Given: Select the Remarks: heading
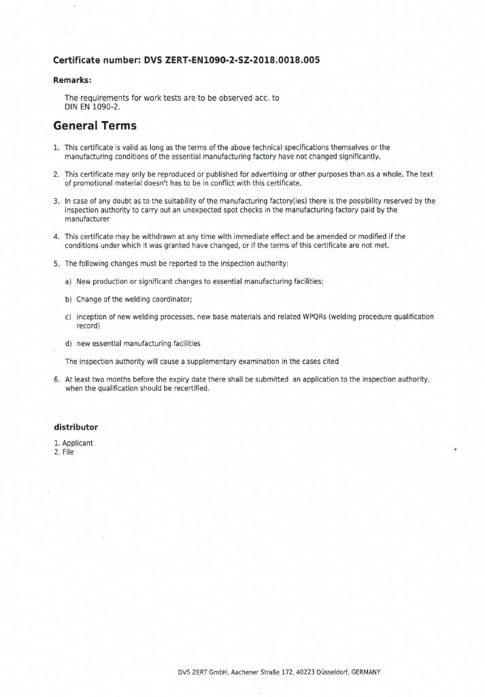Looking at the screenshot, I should (x=72, y=80).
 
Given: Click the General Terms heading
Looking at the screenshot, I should (x=95, y=126).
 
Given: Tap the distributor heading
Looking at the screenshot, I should (x=76, y=427).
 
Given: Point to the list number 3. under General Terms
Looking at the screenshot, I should (x=56, y=201).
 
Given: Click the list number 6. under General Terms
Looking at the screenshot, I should (x=56, y=379).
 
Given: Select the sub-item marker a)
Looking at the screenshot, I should (x=69, y=281).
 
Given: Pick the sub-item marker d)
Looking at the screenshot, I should (x=69, y=344).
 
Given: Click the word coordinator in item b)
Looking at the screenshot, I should (x=172, y=299).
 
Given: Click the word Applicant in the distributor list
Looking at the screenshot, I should (x=78, y=443).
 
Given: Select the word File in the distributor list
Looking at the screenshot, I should (x=68, y=452).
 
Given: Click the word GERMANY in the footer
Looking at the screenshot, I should (x=366, y=672).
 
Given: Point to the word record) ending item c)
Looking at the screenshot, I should (x=88, y=326).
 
